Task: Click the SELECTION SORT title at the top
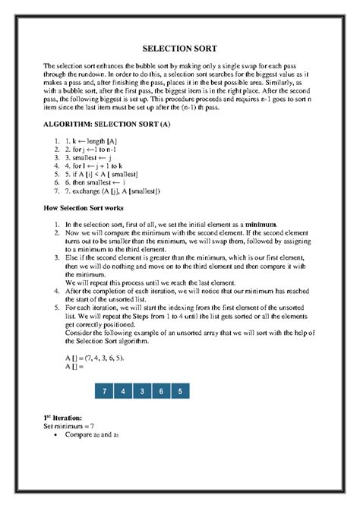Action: [x=180, y=49]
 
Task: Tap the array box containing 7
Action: [x=103, y=391]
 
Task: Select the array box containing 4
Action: [x=122, y=391]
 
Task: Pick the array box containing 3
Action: [x=142, y=391]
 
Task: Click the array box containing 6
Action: [x=161, y=391]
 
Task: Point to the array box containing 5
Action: [x=180, y=391]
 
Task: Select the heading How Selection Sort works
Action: [x=80, y=207]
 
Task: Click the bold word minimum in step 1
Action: [x=258, y=225]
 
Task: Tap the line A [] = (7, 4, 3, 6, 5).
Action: [x=95, y=357]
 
